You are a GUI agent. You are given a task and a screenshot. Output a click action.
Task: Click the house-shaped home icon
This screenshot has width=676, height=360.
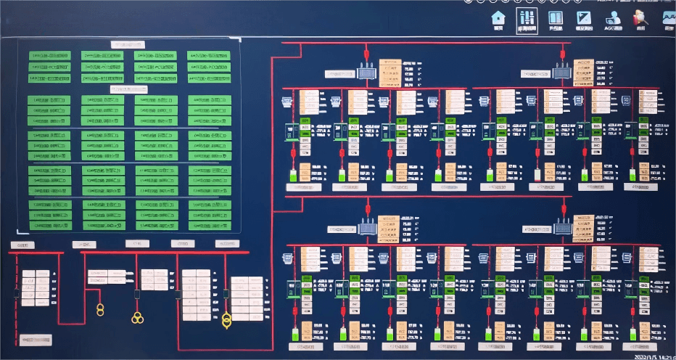(x=498, y=18)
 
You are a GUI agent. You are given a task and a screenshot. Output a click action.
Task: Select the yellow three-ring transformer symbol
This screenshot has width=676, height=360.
(x=137, y=316)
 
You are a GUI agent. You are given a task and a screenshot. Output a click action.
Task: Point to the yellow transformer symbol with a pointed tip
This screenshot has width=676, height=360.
(x=226, y=318)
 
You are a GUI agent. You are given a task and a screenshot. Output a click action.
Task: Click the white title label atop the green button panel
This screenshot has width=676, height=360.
(x=128, y=44)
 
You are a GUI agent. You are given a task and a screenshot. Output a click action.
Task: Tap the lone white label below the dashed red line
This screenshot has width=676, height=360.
(x=35, y=339)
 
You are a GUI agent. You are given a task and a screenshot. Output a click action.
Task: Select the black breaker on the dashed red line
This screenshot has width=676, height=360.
(x=17, y=293)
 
